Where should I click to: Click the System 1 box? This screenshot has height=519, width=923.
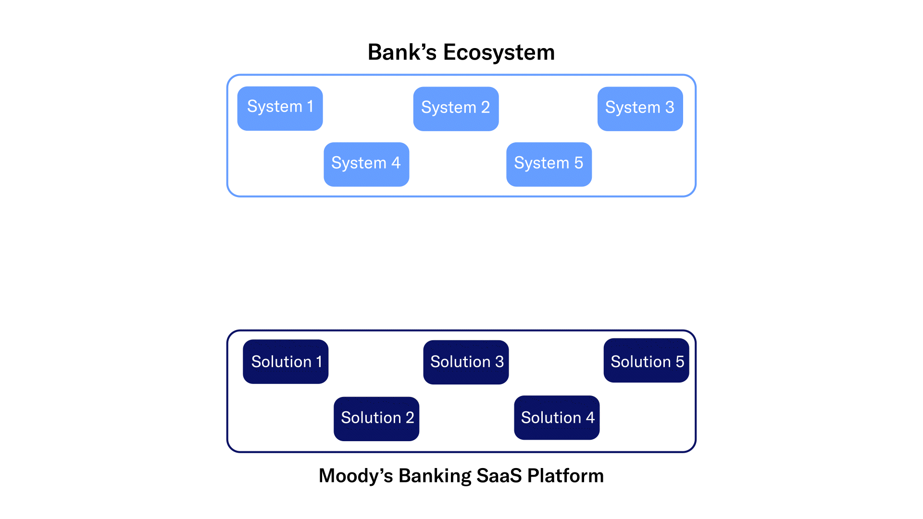[280, 109]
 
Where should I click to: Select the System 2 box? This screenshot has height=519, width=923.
[456, 109]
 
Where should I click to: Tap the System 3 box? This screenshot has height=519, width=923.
[640, 109]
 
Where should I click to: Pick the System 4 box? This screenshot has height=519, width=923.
[366, 164]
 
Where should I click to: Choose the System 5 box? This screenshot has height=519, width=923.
[549, 164]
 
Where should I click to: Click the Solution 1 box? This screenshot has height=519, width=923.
[286, 362]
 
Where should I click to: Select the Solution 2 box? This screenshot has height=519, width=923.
[376, 419]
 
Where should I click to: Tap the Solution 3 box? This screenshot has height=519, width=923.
[466, 362]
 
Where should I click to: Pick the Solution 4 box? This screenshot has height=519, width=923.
[557, 418]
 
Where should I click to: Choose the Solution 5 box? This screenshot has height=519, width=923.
[646, 360]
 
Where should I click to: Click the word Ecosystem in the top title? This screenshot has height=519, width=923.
[499, 52]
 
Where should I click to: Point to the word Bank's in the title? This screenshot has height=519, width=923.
[402, 52]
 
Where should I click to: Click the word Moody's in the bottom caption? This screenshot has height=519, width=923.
[356, 476]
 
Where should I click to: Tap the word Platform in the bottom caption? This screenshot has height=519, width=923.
[565, 476]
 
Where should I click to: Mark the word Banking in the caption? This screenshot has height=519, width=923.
[435, 476]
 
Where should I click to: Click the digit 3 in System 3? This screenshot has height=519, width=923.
[670, 107]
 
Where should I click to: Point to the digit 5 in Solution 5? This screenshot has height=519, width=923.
[680, 362]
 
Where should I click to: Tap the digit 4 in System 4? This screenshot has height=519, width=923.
[396, 163]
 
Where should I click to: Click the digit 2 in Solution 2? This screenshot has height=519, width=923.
[410, 418]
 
